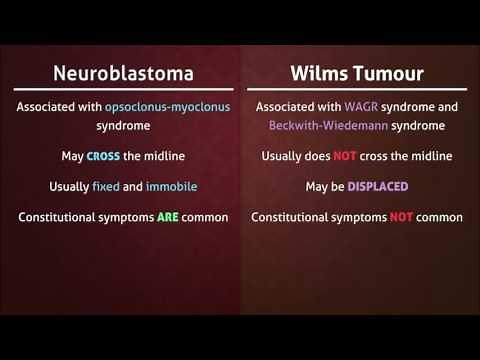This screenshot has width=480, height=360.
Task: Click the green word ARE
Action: (168, 217)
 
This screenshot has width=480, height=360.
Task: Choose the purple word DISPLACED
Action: (378, 187)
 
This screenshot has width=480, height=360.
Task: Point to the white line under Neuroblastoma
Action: (124, 90)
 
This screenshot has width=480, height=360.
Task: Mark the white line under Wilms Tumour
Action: (357, 90)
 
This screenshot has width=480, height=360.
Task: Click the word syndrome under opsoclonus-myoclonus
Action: (124, 126)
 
